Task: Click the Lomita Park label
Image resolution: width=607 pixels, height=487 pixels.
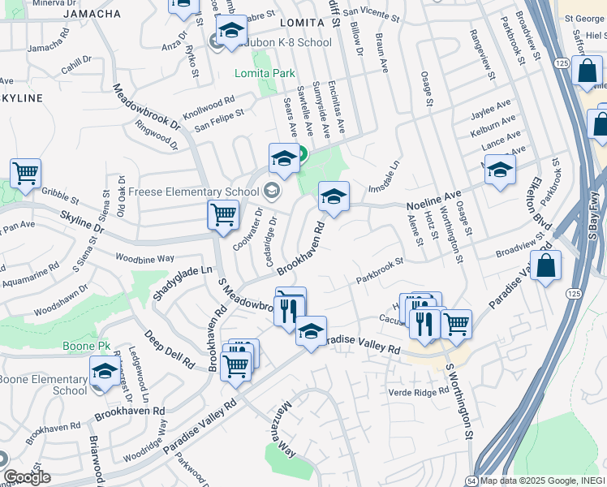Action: tap(265, 73)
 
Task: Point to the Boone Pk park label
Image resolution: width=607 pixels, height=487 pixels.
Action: tap(86, 346)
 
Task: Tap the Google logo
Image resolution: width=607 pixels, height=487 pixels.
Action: tap(27, 477)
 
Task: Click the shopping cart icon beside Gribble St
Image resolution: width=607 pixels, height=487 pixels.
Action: tap(25, 172)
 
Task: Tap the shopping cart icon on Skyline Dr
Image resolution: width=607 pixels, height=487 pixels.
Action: tap(223, 215)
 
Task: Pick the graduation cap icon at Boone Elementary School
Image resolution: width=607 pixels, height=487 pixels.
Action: tap(105, 372)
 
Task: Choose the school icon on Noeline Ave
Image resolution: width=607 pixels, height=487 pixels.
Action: tap(334, 196)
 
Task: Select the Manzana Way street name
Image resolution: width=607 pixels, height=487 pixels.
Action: tap(278, 423)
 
